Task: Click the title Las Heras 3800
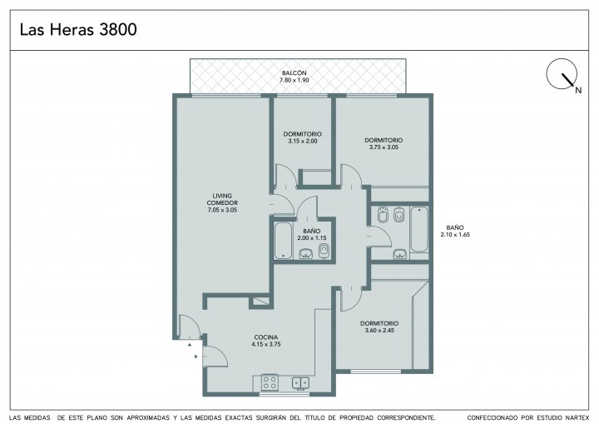[x=78, y=29]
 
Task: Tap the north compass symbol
[x=562, y=75]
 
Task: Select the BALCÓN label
[x=295, y=72]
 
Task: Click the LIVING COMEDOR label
[x=222, y=199]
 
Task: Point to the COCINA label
[x=266, y=337]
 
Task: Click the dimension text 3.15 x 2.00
[x=303, y=142]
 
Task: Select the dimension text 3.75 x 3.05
[x=384, y=147]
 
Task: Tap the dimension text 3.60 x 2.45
[x=379, y=330]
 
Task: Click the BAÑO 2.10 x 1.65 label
[x=455, y=231]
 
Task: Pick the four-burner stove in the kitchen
[x=270, y=382]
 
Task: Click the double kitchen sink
[x=300, y=382]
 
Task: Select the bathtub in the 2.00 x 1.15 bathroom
[x=284, y=241]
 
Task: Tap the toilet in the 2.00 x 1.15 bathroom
[x=324, y=252]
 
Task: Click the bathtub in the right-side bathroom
[x=419, y=229]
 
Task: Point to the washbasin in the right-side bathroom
[x=400, y=254]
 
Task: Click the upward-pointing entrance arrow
[x=190, y=345]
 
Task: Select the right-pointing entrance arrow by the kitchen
[x=196, y=357]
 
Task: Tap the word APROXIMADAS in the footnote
[x=148, y=418]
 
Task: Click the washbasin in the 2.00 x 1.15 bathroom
[x=305, y=253]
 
